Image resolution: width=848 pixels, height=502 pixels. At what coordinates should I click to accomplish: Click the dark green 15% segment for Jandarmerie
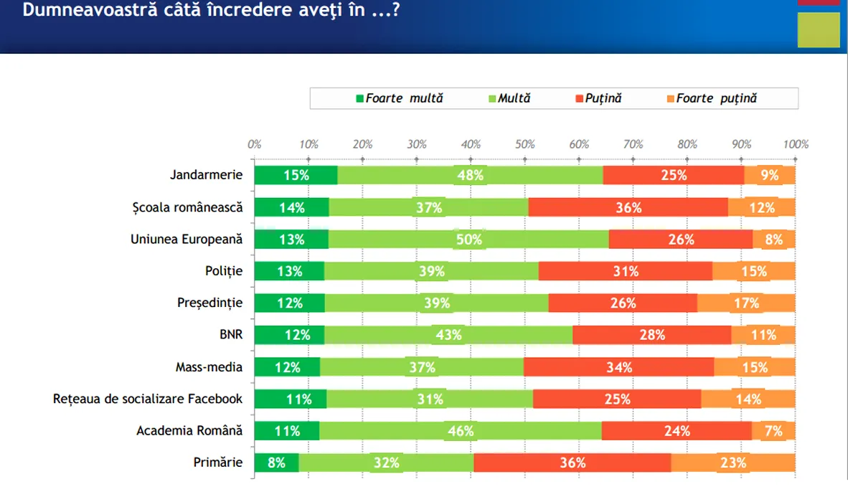pos(296,175)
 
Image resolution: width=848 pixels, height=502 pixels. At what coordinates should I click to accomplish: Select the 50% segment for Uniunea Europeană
pos(468,240)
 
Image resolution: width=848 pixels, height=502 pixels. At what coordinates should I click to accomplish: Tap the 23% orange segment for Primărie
pos(732,463)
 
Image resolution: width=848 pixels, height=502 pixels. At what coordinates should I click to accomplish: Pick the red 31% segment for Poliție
pos(625,271)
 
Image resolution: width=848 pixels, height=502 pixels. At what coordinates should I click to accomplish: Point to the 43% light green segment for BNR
pos(448,335)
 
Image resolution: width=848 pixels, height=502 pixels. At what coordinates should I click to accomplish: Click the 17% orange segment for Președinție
pos(746,303)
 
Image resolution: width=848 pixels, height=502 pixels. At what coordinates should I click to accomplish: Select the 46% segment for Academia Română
pos(460,431)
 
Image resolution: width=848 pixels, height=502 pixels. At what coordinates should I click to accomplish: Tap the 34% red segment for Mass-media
pos(618,367)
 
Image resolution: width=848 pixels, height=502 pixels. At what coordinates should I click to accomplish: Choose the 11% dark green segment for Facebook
pos(291,399)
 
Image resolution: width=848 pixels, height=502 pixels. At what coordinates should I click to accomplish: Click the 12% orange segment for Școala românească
pos(761,207)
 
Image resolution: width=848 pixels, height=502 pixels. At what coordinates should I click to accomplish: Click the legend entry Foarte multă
pos(400,98)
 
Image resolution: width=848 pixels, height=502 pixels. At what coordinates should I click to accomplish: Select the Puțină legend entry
pos(598,98)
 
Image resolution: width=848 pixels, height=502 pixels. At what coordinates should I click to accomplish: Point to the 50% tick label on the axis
pos(525,144)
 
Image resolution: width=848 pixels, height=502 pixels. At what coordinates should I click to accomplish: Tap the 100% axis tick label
pos(796,144)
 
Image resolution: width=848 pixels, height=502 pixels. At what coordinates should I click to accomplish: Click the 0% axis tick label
pos(254,144)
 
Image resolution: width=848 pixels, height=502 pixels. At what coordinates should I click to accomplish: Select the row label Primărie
pos(218,463)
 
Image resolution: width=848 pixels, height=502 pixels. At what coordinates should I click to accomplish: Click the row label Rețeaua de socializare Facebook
pos(148,399)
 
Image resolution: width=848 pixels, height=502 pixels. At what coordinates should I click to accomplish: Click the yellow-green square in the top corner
pos(819,29)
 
